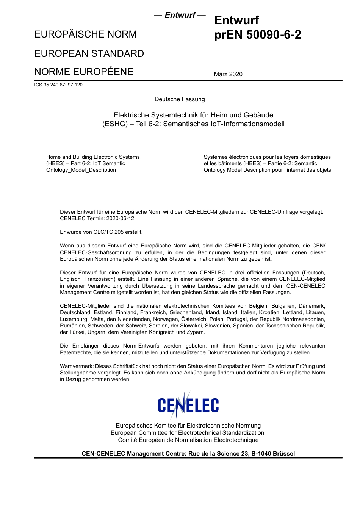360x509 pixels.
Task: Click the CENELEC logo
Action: [x=188, y=405]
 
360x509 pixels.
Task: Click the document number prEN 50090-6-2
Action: [x=258, y=35]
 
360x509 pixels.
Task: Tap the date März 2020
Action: [x=228, y=74]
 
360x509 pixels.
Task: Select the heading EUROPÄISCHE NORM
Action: [x=85, y=34]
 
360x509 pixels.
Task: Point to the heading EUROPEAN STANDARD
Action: [x=89, y=53]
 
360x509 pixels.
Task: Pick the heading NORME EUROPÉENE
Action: [x=84, y=72]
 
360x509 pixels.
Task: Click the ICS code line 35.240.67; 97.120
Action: [x=58, y=85]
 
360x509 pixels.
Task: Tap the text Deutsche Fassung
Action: [x=180, y=99]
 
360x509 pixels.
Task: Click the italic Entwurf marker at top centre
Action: [x=180, y=16]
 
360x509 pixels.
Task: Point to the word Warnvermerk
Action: [x=77, y=366]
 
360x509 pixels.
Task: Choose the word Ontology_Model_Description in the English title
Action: [x=81, y=170]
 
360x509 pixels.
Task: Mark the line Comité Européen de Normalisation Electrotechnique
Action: [x=188, y=440]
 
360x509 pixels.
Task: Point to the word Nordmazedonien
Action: [x=304, y=319]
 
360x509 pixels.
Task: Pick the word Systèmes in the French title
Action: [x=216, y=157]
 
